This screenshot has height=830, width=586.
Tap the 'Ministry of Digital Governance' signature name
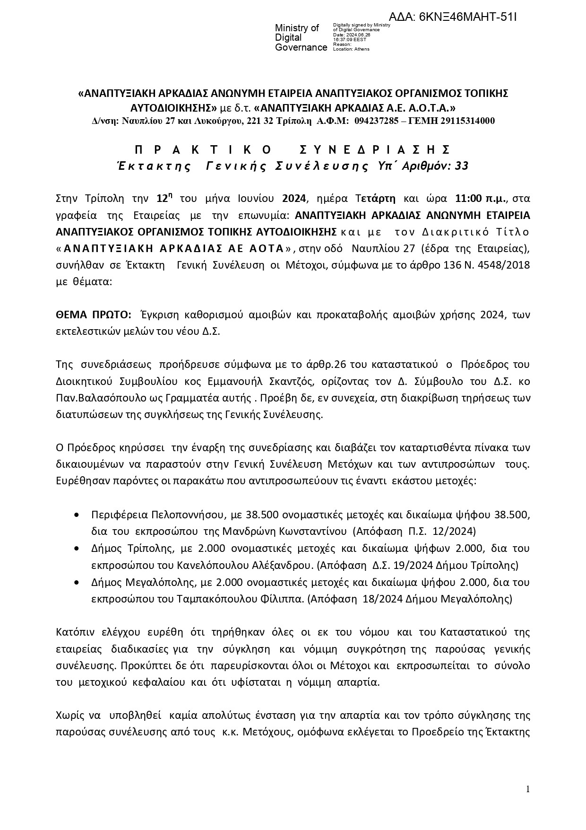coord(301,38)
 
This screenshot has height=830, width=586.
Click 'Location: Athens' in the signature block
coord(351,49)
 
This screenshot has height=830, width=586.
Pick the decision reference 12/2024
coord(453,531)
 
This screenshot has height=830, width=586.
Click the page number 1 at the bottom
coord(527,788)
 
